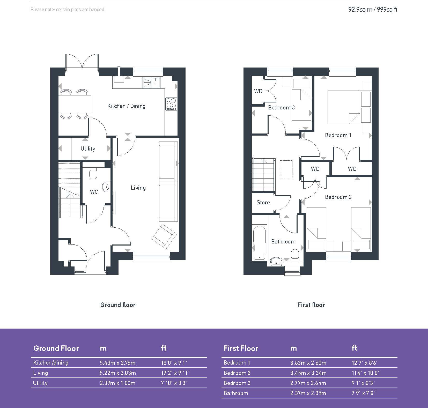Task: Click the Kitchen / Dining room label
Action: (x=126, y=106)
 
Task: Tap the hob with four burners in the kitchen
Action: (x=171, y=104)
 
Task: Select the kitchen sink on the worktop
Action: (x=151, y=83)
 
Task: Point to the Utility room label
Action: (x=88, y=149)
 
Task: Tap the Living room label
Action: (x=138, y=188)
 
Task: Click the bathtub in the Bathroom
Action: (x=259, y=243)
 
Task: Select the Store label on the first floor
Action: (x=263, y=203)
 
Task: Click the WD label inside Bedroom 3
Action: (x=258, y=91)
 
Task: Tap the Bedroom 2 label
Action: (x=338, y=197)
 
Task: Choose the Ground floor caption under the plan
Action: (x=118, y=305)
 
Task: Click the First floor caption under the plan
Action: (x=311, y=305)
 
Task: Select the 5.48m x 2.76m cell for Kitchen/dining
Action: (x=117, y=363)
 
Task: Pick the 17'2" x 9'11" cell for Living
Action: (x=175, y=373)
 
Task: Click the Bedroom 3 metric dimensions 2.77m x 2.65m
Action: (x=308, y=383)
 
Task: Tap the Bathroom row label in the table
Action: (x=236, y=393)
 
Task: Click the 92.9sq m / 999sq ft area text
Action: (x=373, y=10)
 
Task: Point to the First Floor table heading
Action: (x=241, y=348)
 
